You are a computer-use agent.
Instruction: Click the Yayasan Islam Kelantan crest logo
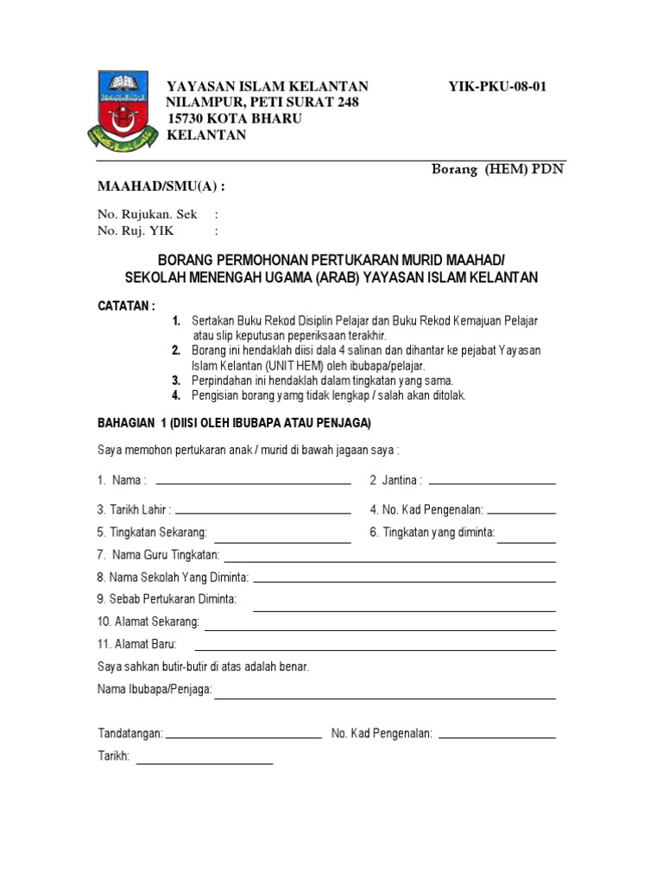[123, 110]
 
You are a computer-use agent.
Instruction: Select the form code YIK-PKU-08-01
[497, 86]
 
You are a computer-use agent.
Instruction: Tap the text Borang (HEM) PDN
[497, 169]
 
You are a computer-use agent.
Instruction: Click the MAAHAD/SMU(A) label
[163, 186]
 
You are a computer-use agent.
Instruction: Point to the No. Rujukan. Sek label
[148, 214]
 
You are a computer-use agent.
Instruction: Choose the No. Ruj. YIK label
[136, 230]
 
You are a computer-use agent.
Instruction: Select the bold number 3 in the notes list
[175, 380]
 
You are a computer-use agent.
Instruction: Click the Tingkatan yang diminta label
[432, 533]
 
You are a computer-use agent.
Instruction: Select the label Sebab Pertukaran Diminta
[167, 599]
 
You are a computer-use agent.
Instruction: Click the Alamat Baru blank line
[376, 649]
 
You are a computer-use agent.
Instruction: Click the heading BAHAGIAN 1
[131, 422]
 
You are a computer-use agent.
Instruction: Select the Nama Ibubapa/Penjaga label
[155, 690]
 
